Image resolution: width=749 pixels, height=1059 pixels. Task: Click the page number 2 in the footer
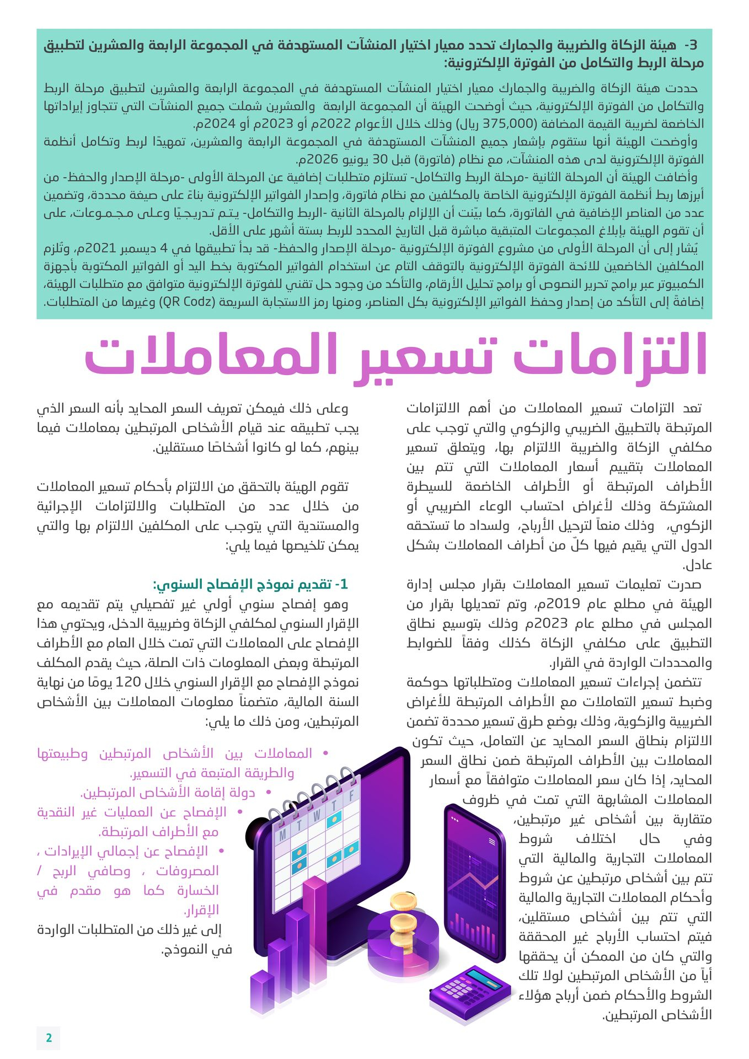point(49,1037)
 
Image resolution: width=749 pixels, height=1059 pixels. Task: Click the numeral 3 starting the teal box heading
point(693,45)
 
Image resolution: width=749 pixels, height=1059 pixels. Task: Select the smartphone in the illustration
point(474,882)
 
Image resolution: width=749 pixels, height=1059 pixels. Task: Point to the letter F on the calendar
point(351,795)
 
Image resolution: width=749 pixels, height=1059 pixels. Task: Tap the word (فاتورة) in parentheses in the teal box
point(392,160)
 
